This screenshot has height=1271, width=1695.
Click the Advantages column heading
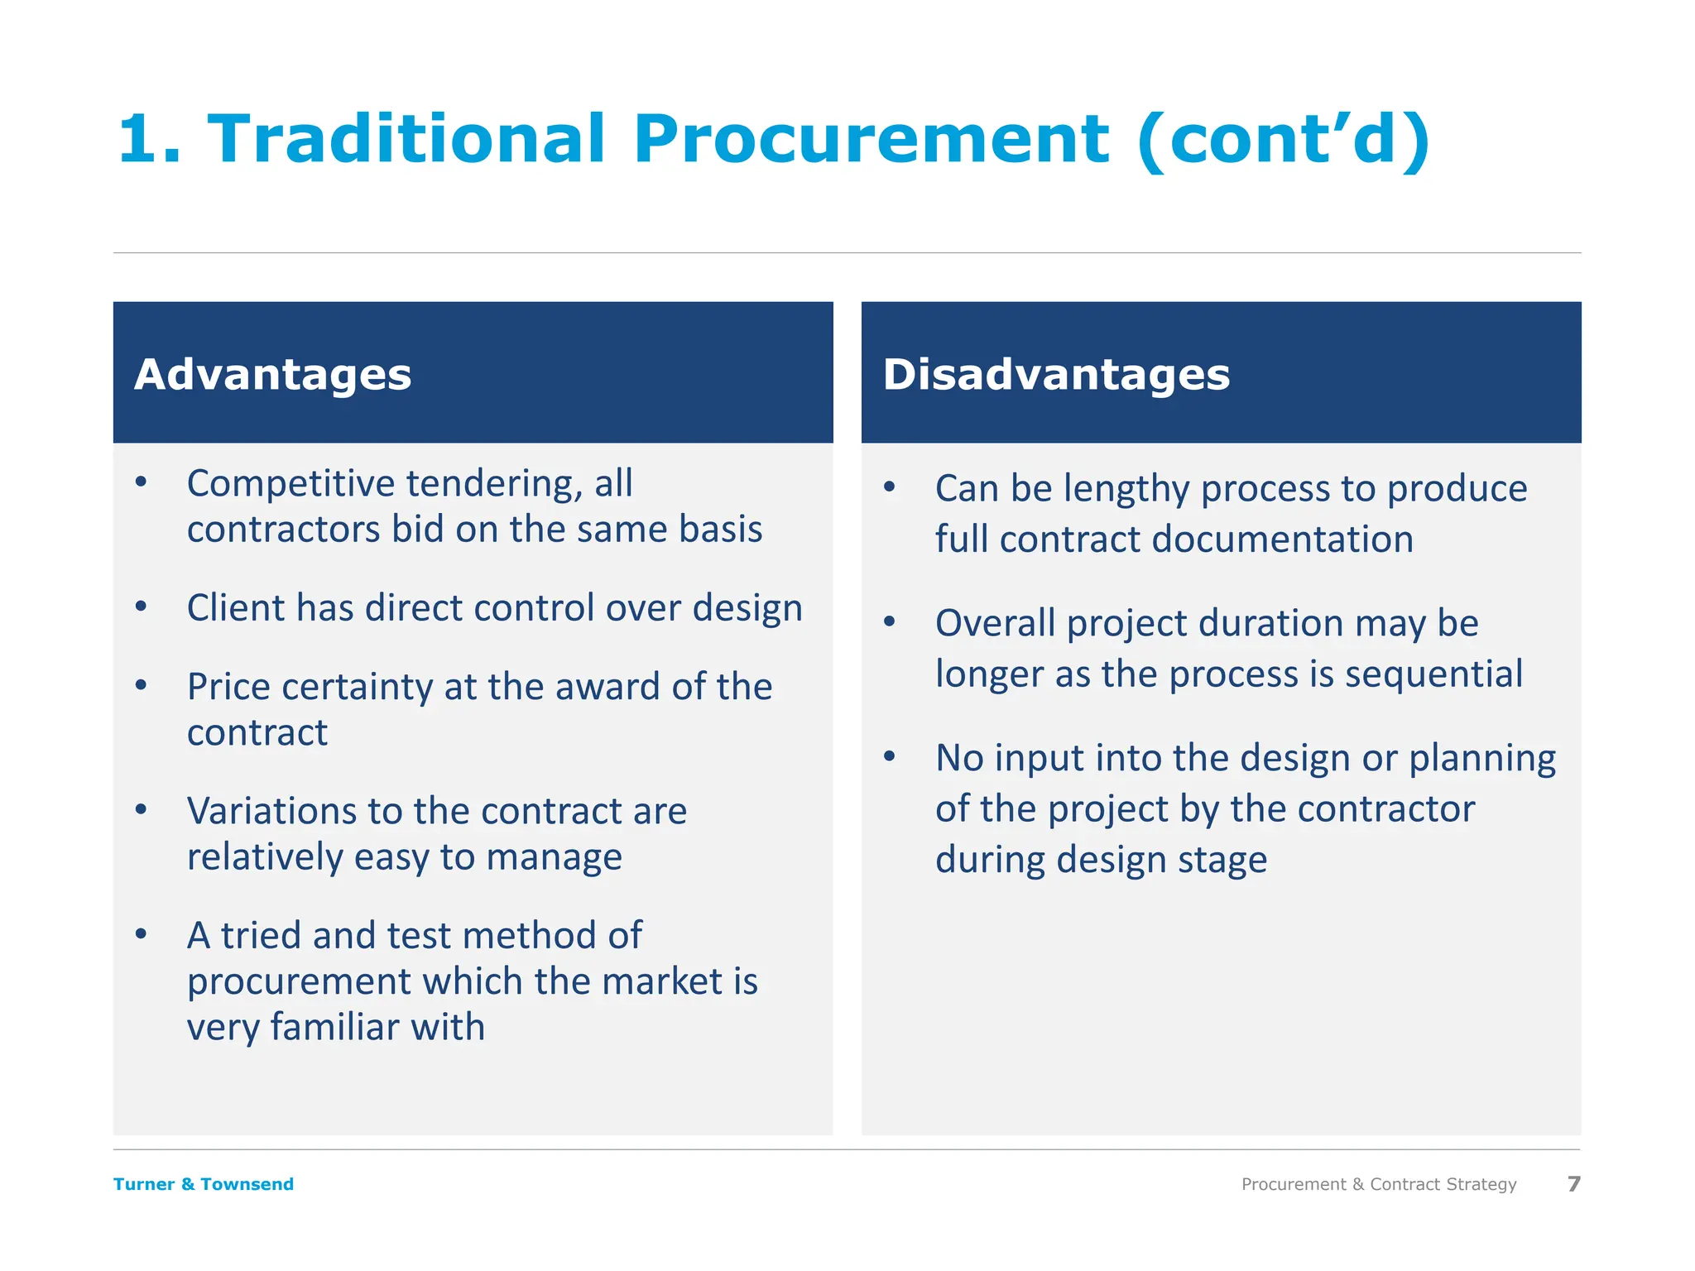(272, 375)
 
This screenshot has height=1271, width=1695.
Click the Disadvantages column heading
(1056, 375)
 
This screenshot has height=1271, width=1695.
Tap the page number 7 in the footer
(1573, 1184)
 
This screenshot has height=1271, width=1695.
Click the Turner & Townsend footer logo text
(204, 1184)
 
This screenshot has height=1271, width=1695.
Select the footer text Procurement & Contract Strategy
(1379, 1184)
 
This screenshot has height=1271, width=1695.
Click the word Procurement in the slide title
(871, 139)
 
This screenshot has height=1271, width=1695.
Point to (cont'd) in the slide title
(1284, 139)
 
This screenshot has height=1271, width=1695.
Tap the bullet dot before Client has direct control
(142, 607)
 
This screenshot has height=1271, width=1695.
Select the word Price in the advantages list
(228, 687)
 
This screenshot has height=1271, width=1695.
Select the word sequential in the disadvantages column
(1433, 674)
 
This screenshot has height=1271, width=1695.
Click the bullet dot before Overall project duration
(890, 621)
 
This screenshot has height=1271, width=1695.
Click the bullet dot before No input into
(890, 756)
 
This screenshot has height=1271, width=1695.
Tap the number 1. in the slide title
(149, 139)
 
